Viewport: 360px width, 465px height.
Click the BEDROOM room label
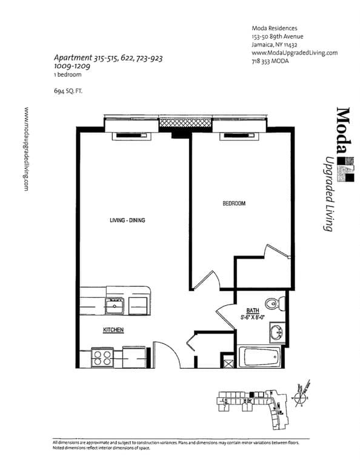point(234,204)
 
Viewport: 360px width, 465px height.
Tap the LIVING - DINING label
point(127,220)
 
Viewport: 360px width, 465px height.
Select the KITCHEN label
point(113,330)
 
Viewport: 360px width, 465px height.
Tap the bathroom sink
point(276,332)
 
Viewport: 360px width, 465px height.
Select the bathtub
point(260,358)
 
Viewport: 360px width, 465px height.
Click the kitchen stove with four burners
point(103,357)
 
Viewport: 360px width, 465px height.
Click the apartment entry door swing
point(167,354)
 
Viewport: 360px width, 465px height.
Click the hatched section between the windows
point(185,123)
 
